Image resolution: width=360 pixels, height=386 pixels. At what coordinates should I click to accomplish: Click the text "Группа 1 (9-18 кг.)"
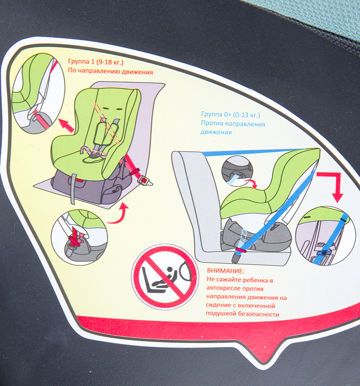96,62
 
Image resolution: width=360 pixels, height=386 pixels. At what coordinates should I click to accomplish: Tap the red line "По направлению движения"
111,71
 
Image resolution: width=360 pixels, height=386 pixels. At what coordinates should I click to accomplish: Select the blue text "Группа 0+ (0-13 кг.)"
230,115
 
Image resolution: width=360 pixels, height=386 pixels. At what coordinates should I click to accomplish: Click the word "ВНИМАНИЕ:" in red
226,271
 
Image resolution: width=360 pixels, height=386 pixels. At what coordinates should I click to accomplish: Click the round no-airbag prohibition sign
165,277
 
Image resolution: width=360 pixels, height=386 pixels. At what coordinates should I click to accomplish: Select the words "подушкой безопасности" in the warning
242,314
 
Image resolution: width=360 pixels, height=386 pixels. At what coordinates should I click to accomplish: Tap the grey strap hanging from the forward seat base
73,189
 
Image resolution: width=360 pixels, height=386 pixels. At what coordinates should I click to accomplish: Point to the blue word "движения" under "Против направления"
216,132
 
